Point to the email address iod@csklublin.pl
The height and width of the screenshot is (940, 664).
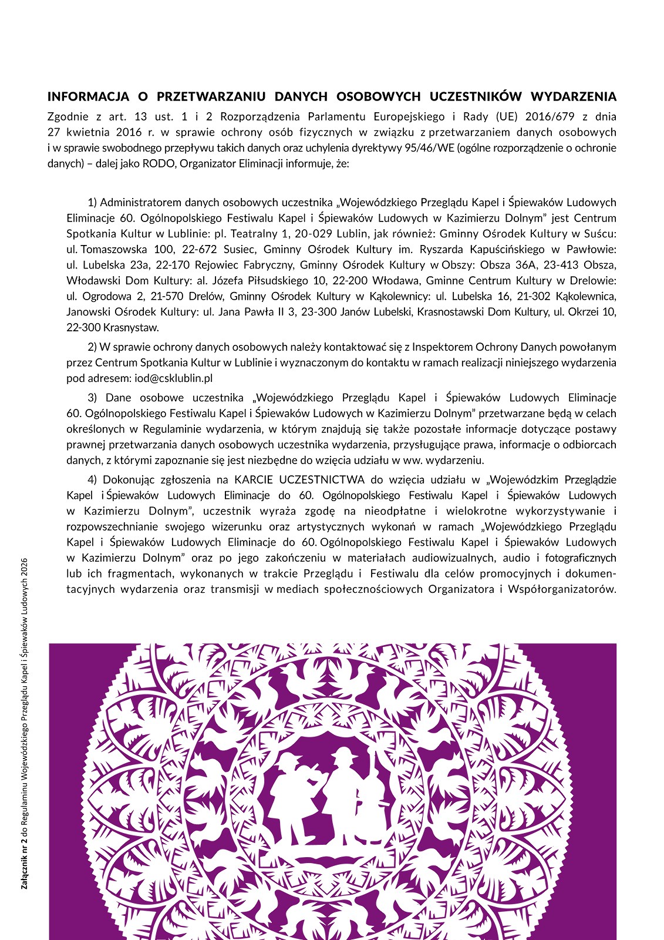[173, 378]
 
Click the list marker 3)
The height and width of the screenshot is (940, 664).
[93, 398]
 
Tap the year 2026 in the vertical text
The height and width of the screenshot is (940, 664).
[25, 567]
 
